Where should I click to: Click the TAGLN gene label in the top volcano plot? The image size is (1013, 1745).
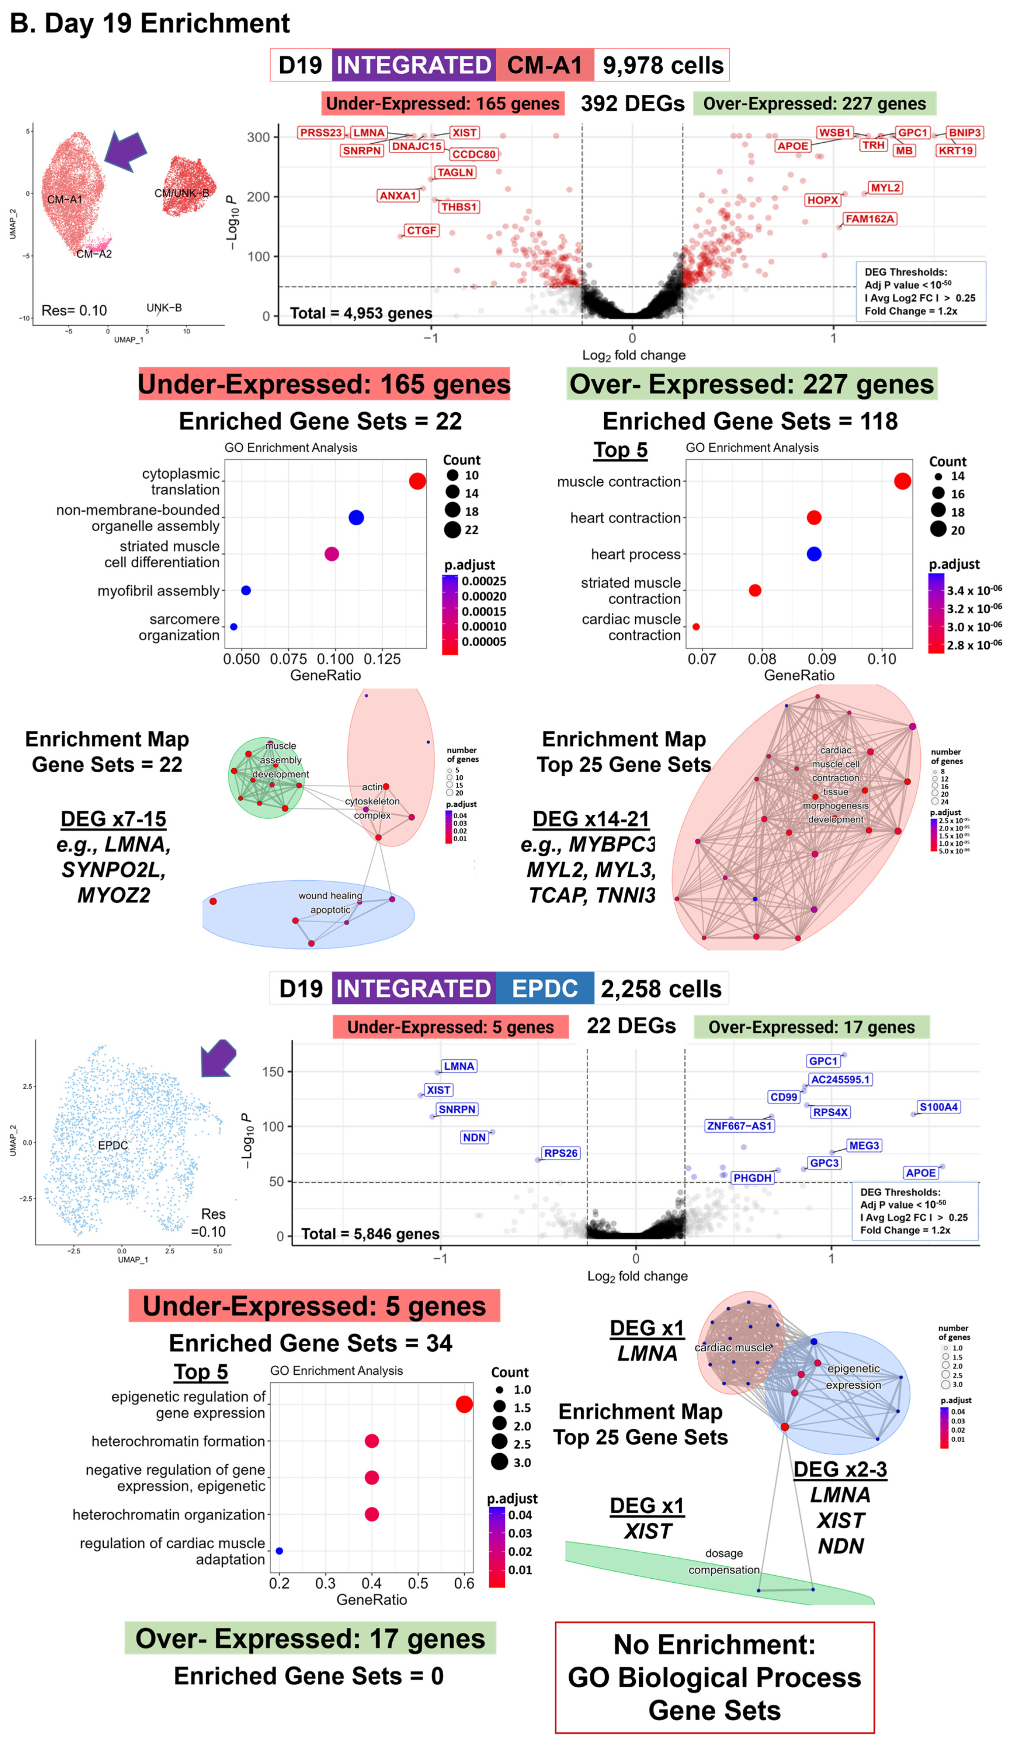click(x=455, y=173)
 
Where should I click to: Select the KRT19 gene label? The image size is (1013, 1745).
click(x=956, y=150)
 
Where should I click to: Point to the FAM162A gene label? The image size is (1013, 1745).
click(x=870, y=219)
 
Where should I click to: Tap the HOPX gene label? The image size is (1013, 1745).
click(x=822, y=200)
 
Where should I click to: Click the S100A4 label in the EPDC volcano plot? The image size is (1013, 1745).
click(x=938, y=1107)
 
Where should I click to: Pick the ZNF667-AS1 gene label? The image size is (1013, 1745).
click(x=739, y=1126)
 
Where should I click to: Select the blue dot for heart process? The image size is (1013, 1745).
click(x=814, y=554)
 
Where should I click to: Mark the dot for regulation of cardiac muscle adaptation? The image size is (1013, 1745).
click(x=279, y=1551)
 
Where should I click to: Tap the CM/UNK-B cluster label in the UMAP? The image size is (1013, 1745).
click(x=181, y=193)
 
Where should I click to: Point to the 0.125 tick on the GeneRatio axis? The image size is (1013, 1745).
click(x=382, y=659)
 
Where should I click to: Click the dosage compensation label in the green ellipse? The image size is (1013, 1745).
click(x=724, y=1561)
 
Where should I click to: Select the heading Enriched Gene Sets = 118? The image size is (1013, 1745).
click(x=750, y=421)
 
